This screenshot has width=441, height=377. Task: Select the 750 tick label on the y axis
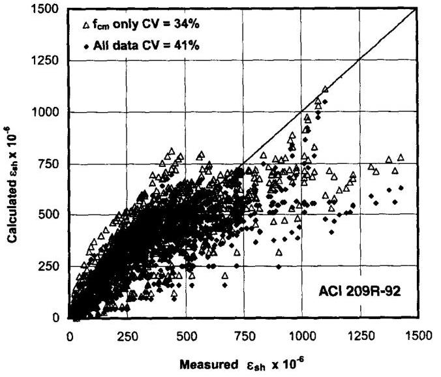pyautogui.click(x=50, y=164)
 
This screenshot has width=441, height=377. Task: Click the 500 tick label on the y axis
pyautogui.click(x=50, y=215)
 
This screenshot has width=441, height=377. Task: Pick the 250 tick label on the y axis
pyautogui.click(x=50, y=267)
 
